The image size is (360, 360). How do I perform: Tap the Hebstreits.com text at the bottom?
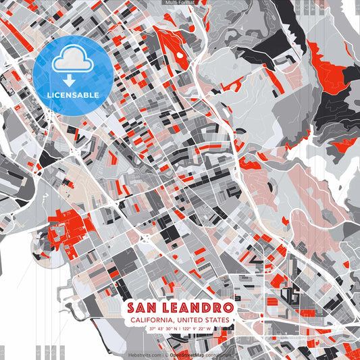(x=145, y=354)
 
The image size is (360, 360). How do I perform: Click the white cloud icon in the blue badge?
(x=73, y=59)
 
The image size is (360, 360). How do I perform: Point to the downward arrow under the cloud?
(x=73, y=80)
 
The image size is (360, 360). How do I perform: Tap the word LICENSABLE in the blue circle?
(x=73, y=95)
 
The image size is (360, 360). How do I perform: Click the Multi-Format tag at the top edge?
(x=180, y=3)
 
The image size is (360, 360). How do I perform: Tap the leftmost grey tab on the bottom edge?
(x=3, y=352)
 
